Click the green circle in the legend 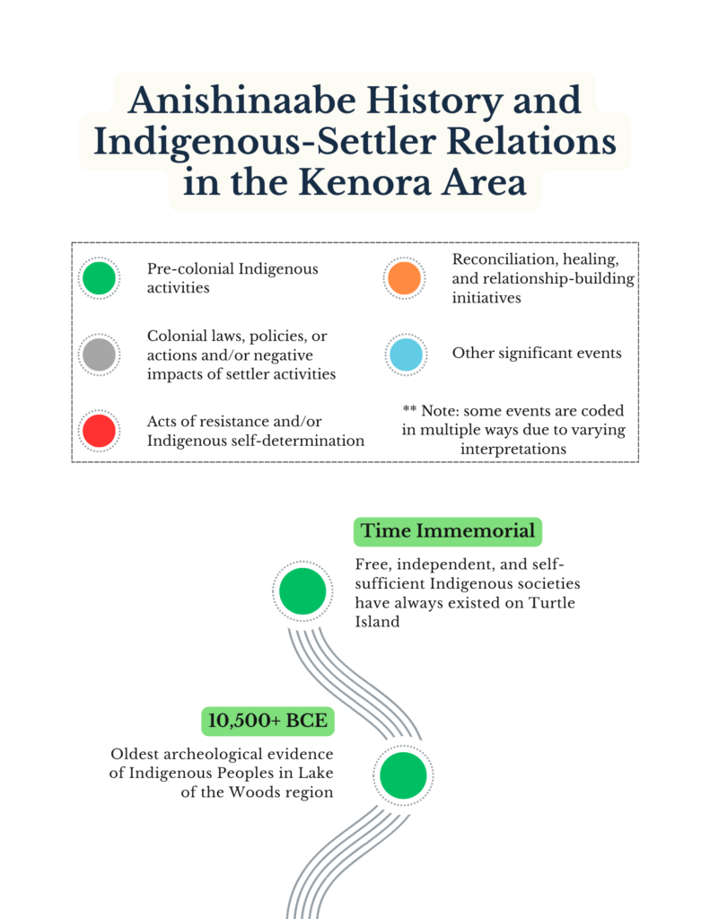click(x=99, y=278)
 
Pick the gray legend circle click(x=99, y=355)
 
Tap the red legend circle click(x=99, y=432)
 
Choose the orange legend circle click(x=404, y=278)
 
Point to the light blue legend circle click(x=404, y=354)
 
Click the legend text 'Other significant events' click(x=537, y=353)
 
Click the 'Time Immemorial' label click(x=448, y=531)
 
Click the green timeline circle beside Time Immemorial click(x=302, y=591)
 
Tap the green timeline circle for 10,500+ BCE click(x=403, y=775)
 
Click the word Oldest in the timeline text click(x=137, y=754)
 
